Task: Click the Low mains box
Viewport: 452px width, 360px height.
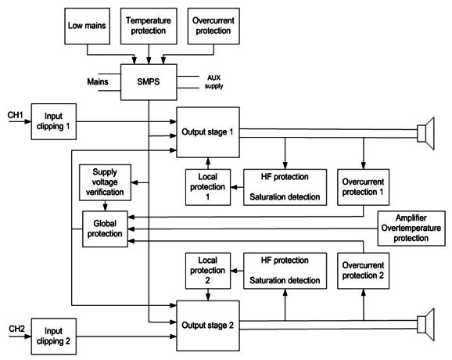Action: click(x=87, y=26)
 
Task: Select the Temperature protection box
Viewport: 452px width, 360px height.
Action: click(x=149, y=26)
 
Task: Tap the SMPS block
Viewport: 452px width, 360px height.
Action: click(x=149, y=82)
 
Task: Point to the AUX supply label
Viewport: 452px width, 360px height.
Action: click(x=214, y=81)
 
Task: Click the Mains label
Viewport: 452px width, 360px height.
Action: click(x=98, y=81)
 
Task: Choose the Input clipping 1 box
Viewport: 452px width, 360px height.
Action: click(x=54, y=122)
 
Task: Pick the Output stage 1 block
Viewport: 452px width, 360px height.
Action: click(x=208, y=132)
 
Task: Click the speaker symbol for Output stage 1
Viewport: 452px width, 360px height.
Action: click(x=425, y=133)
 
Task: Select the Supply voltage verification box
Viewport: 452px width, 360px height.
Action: click(x=105, y=182)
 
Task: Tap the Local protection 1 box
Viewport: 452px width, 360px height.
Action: click(x=208, y=187)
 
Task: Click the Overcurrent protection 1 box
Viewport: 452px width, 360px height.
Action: click(x=363, y=187)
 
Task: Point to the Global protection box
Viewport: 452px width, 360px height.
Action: click(x=105, y=229)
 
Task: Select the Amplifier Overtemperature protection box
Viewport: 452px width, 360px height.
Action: click(x=411, y=229)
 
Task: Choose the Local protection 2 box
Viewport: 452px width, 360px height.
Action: click(x=208, y=271)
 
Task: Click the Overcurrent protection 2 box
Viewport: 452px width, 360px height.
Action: click(x=363, y=271)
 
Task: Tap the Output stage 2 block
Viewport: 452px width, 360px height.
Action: click(x=208, y=326)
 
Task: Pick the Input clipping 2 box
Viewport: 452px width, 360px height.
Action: click(x=54, y=337)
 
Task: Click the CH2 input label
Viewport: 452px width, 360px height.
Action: click(x=16, y=329)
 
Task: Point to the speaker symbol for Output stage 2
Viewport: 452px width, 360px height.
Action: click(x=425, y=325)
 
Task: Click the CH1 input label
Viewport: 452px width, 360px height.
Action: click(x=16, y=115)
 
